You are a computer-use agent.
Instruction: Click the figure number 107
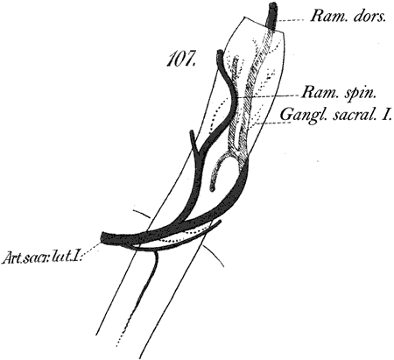[180, 60]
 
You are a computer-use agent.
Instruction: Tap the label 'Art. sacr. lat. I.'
[43, 258]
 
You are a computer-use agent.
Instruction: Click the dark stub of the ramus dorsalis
[272, 15]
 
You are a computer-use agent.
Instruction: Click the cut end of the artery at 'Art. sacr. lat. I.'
[102, 237]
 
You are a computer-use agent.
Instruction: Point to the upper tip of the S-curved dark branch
[220, 53]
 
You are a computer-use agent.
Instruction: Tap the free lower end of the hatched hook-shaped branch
[213, 188]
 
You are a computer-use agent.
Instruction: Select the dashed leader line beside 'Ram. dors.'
[291, 20]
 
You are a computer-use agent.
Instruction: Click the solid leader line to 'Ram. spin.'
[268, 96]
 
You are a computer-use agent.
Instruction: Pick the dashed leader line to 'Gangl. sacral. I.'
[269, 124]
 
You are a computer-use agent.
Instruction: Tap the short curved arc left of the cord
[142, 214]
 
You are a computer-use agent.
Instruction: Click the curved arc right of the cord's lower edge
[215, 253]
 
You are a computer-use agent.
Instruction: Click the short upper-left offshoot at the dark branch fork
[193, 141]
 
